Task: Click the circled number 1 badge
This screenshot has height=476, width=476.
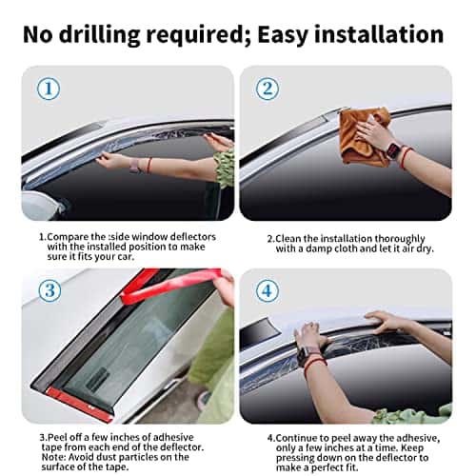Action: coord(49,89)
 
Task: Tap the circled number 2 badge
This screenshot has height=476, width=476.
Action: coord(268,89)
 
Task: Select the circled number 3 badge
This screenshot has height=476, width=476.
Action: coord(50,290)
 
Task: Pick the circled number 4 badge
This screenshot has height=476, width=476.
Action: coord(268,290)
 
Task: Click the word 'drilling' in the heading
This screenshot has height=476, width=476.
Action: coord(99,35)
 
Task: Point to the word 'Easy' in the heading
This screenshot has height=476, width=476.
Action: coord(283,35)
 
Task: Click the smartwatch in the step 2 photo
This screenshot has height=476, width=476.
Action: coord(393,149)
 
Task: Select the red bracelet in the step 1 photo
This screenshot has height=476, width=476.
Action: coord(149,165)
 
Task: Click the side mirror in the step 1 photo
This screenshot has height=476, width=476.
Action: coord(43,205)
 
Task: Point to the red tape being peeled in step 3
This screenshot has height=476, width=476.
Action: coord(171,284)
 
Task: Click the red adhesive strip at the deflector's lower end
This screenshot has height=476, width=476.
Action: coord(79,404)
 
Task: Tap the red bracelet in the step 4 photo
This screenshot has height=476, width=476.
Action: coord(314,365)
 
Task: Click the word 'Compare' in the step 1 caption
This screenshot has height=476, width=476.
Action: coord(68,237)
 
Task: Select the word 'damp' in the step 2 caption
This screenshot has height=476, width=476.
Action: coord(319,248)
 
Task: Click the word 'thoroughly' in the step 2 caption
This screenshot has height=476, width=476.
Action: coord(400,239)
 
